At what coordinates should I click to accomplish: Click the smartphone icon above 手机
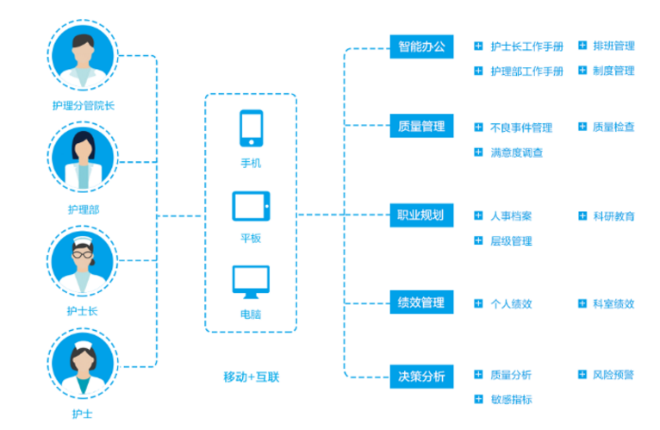251,128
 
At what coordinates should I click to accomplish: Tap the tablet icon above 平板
251,207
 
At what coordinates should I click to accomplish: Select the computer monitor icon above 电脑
251,282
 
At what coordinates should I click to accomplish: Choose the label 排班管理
613,46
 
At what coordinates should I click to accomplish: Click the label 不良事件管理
520,128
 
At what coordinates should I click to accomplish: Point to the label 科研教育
613,215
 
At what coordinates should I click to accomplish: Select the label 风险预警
613,375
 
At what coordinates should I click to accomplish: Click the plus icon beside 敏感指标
478,398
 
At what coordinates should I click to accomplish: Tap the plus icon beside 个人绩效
478,303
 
